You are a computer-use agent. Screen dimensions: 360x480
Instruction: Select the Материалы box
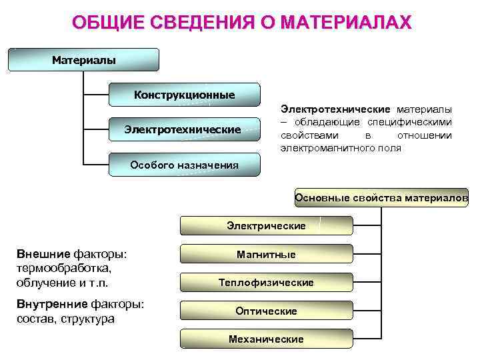[84, 60]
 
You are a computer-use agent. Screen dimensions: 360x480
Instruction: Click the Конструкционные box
[184, 95]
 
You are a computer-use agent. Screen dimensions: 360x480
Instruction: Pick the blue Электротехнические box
[183, 129]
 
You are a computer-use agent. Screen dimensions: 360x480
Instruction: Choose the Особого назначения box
[184, 165]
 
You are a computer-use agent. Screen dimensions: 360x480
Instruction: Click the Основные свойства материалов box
[381, 197]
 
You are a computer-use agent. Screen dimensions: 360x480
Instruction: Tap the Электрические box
[266, 225]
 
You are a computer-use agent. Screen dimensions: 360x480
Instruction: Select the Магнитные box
[266, 254]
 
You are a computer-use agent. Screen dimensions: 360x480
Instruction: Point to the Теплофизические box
[266, 283]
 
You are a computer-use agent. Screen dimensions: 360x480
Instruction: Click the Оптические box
[266, 311]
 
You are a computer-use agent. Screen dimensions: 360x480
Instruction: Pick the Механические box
[266, 339]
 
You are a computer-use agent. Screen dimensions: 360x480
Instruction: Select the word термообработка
[63, 268]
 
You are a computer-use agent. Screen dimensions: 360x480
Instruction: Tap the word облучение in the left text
[43, 282]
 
